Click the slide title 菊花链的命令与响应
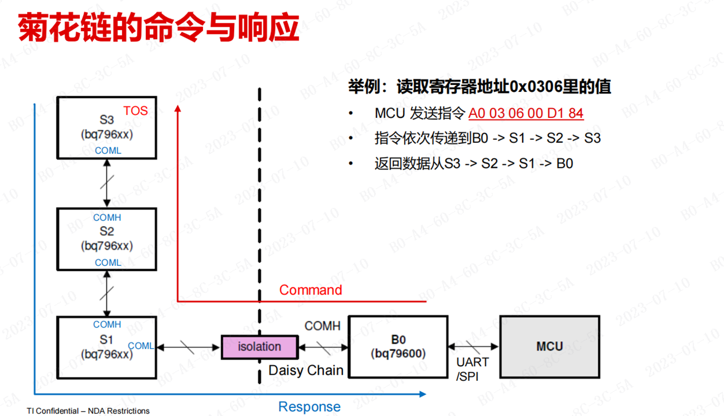pyautogui.click(x=159, y=27)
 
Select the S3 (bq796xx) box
pyautogui.click(x=107, y=128)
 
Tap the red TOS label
pyautogui.click(x=136, y=111)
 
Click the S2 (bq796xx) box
pyautogui.click(x=107, y=239)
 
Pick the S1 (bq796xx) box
pyautogui.click(x=107, y=347)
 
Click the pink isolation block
pyautogui.click(x=259, y=346)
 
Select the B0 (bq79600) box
pyautogui.click(x=398, y=346)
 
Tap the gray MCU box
pyautogui.click(x=549, y=346)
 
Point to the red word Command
pyautogui.click(x=311, y=290)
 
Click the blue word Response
pyautogui.click(x=310, y=406)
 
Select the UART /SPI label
pyautogui.click(x=472, y=369)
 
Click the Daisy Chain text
pyautogui.click(x=306, y=371)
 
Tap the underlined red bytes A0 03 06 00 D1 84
pyautogui.click(x=526, y=113)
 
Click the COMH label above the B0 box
pyautogui.click(x=323, y=326)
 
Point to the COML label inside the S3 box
pyautogui.click(x=108, y=151)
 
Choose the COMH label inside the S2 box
pyautogui.click(x=107, y=218)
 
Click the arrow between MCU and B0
pyautogui.click(x=473, y=346)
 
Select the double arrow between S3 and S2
pyautogui.click(x=107, y=182)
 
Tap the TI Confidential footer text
pyautogui.click(x=88, y=411)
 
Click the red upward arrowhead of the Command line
pyautogui.click(x=178, y=108)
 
